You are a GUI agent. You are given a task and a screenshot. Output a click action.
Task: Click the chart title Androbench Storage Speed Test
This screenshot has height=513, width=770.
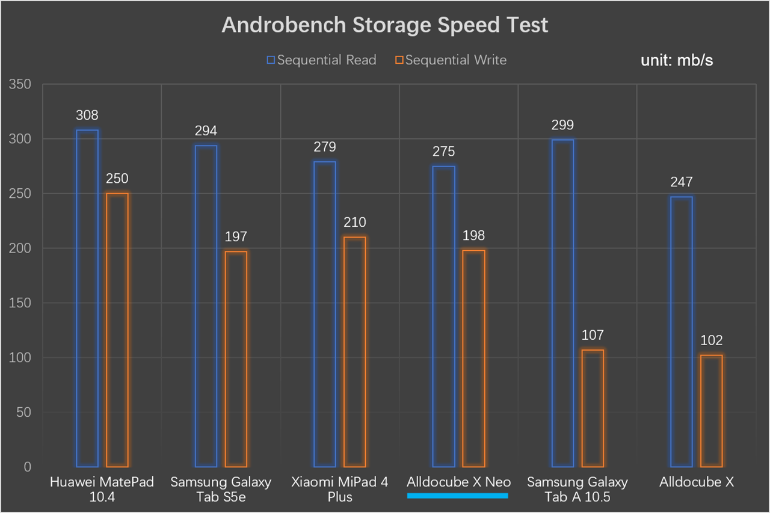tap(385, 25)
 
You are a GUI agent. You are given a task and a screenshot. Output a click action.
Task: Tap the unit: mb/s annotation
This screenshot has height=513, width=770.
tap(677, 61)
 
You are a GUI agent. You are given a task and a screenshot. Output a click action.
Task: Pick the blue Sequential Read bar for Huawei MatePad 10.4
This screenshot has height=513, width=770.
tap(87, 298)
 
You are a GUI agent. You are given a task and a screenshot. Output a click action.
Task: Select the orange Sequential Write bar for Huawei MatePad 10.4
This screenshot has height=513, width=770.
tap(117, 330)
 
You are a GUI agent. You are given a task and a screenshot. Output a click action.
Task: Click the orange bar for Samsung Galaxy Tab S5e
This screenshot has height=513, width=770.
tap(236, 359)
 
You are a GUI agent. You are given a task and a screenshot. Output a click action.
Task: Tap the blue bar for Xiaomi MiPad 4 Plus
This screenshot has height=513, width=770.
tap(325, 314)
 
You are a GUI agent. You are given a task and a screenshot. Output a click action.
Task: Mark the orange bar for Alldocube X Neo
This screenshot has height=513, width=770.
tap(474, 358)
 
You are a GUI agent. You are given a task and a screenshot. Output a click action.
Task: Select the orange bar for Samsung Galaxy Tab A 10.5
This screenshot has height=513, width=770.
tap(593, 408)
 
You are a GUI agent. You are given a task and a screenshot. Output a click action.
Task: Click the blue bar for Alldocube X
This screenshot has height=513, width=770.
tap(682, 331)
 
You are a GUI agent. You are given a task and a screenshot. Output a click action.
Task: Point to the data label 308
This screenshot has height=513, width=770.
tap(87, 115)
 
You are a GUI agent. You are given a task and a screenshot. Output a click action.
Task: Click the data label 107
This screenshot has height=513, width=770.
tap(593, 335)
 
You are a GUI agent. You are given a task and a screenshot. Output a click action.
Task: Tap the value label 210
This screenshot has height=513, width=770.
tap(355, 223)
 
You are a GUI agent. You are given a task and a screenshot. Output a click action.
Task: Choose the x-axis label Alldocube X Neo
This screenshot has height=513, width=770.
tap(458, 482)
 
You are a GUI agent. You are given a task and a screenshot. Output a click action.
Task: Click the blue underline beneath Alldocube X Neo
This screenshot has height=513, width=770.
tap(458, 496)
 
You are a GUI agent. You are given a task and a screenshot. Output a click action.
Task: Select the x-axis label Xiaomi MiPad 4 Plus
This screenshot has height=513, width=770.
tap(340, 489)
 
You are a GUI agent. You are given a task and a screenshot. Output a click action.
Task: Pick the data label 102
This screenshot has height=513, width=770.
tap(712, 341)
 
